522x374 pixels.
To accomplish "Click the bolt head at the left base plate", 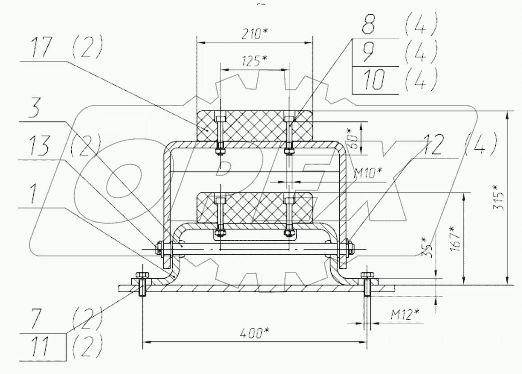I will pos(141,276).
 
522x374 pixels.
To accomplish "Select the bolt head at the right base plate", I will pos(366,276).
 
